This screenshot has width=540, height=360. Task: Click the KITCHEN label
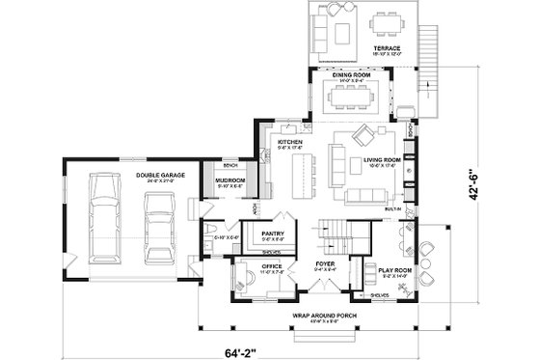tap(291, 142)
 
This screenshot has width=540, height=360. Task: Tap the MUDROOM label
tap(230, 180)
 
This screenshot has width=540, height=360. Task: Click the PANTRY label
tap(271, 233)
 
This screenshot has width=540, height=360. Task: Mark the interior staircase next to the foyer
tap(337, 232)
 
